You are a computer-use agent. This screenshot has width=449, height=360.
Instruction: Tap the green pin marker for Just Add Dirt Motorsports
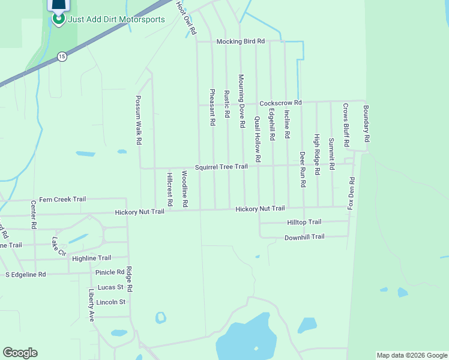point(58,18)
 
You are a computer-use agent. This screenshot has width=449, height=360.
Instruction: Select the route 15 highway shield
point(62,56)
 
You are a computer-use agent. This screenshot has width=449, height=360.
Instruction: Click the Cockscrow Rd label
point(280,103)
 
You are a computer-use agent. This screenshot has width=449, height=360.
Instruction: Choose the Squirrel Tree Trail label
point(221,166)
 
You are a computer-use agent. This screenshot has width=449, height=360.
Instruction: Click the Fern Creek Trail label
point(62,199)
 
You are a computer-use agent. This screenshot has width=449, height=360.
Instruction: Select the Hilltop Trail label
point(304,222)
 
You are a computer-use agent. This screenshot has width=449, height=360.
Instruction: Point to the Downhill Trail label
point(304,237)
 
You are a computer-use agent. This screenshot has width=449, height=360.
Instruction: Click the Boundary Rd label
point(366,124)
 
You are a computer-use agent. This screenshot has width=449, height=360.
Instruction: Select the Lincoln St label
point(110,302)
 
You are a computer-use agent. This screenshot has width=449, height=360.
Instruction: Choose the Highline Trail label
point(91,258)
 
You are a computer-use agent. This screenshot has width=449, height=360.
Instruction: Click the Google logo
point(20,353)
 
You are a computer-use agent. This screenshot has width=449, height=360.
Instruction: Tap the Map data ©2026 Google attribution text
point(412,355)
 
